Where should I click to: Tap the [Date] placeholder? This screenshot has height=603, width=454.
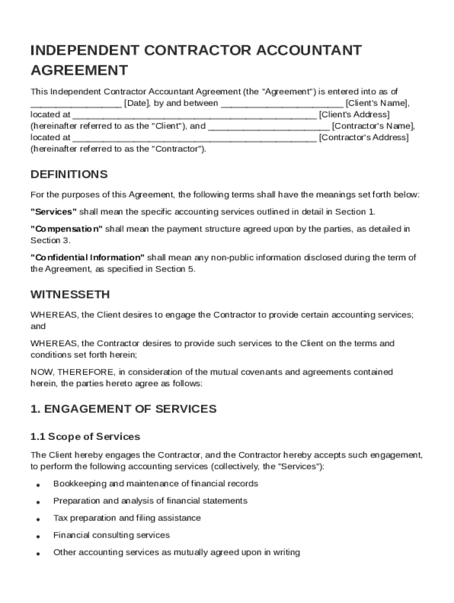[x=137, y=103]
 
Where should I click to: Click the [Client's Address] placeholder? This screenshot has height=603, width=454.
[x=354, y=114]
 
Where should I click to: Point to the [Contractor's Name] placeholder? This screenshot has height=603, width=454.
[x=373, y=126]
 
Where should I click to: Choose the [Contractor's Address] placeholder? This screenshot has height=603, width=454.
[x=363, y=137]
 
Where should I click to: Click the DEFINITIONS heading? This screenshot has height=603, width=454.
[x=69, y=174]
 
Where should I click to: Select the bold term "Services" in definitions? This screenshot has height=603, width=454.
[x=54, y=211]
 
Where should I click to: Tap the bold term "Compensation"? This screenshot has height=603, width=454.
[x=67, y=229]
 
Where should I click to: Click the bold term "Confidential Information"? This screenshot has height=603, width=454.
[x=87, y=258]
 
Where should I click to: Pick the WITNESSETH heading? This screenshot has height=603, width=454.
[x=70, y=294]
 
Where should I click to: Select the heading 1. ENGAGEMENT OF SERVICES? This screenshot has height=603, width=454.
[x=123, y=409]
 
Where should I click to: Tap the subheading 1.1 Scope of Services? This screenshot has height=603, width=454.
[x=85, y=437]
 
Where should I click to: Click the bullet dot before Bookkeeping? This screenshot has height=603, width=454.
[x=38, y=485]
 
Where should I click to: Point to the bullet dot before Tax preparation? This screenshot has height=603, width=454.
[x=38, y=519]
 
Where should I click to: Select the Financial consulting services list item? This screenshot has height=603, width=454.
[x=111, y=535]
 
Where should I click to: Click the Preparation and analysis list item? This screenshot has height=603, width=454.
[x=150, y=501]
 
